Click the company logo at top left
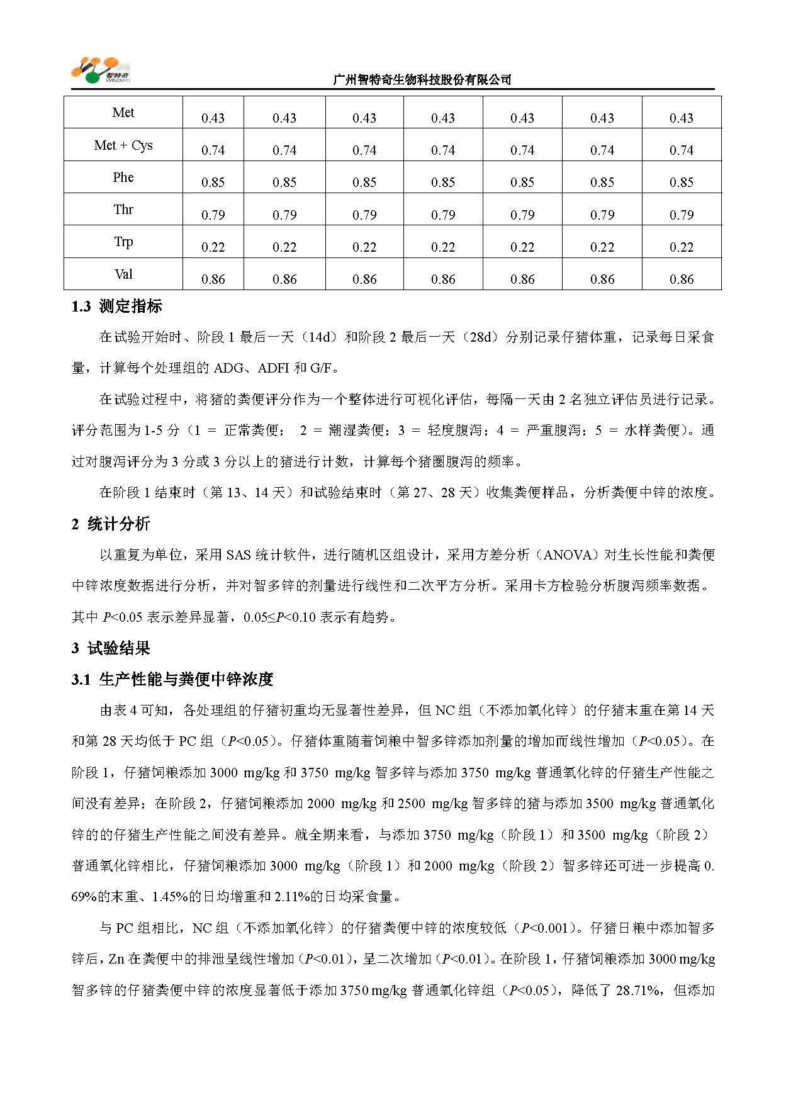pyautogui.click(x=101, y=70)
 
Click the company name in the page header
pyautogui.click(x=422, y=80)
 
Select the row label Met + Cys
pyautogui.click(x=123, y=145)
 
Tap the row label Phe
pyautogui.click(x=123, y=177)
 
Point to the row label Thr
pyautogui.click(x=123, y=210)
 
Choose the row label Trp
pyautogui.click(x=123, y=242)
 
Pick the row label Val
pyautogui.click(x=123, y=274)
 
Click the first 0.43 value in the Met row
pyautogui.click(x=213, y=118)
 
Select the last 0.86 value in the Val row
pyautogui.click(x=682, y=279)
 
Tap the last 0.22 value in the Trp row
pyautogui.click(x=682, y=247)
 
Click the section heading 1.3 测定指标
pyautogui.click(x=117, y=306)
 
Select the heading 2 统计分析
pyautogui.click(x=111, y=524)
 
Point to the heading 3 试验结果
pyautogui.click(x=111, y=648)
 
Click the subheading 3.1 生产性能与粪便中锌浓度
pyautogui.click(x=172, y=680)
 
